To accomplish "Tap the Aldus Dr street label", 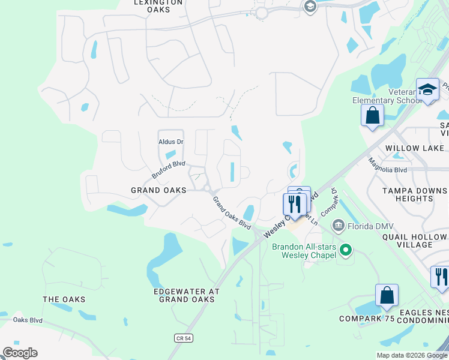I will click(170, 142).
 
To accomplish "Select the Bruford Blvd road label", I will click(169, 169).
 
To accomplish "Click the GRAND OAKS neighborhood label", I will click(158, 190).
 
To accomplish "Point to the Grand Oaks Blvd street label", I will click(231, 213).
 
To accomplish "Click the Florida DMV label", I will click(372, 226).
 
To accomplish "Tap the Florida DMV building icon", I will click(339, 226).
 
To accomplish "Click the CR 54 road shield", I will click(184, 338).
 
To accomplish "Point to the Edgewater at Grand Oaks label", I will click(186, 295).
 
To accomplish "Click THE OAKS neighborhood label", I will click(64, 299).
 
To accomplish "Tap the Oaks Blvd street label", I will click(28, 320).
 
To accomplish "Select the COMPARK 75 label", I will click(366, 319).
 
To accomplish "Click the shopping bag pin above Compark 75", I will click(387, 295).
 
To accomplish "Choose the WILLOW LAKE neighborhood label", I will click(415, 148).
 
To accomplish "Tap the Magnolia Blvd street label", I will click(388, 165).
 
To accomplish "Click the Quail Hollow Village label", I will click(414, 241).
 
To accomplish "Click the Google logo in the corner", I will click(20, 353).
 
